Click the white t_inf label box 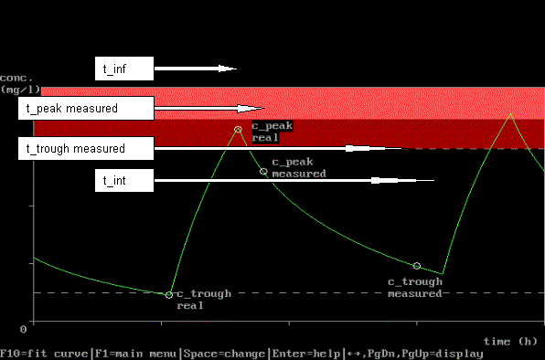click(x=124, y=69)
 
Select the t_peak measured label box click(x=86, y=109)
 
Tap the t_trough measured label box click(x=86, y=148)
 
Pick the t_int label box click(x=124, y=181)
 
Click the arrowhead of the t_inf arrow click(x=228, y=69)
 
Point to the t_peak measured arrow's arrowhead click(x=251, y=109)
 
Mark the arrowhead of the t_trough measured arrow click(x=374, y=149)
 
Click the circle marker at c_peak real click(x=238, y=130)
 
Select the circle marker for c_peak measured click(x=263, y=171)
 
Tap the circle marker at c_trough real click(x=168, y=295)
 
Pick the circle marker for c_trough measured click(x=417, y=266)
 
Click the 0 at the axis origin click(x=23, y=329)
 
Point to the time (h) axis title click(x=510, y=342)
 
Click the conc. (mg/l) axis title click(x=20, y=84)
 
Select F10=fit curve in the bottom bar click(x=44, y=354)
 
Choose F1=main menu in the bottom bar click(x=135, y=354)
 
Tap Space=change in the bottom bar click(x=225, y=354)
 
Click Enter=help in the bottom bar click(x=306, y=354)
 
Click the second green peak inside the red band click(x=510, y=114)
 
